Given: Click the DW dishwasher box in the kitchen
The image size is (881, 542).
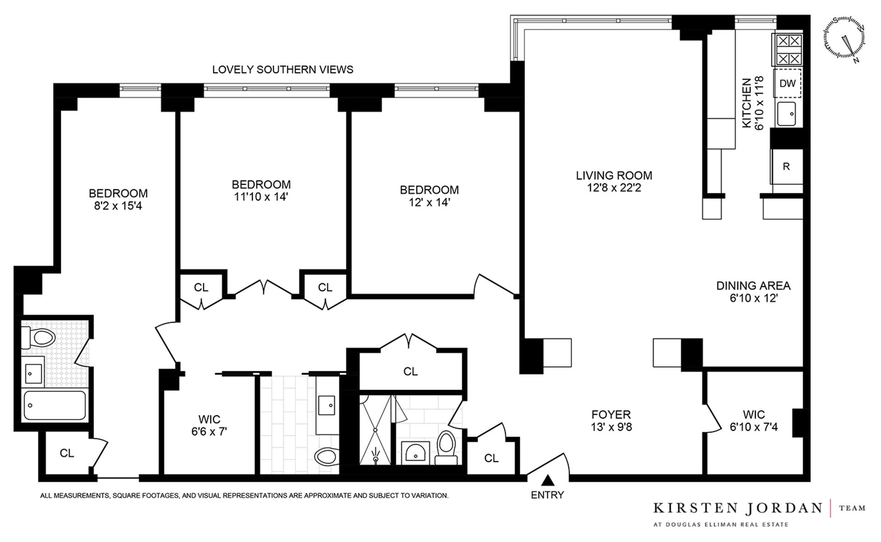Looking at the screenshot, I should point(787,84).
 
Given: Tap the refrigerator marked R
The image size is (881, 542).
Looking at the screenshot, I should point(786,167).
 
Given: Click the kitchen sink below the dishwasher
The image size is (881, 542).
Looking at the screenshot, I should point(786,114).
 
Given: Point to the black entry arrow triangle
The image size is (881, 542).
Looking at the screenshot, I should point(547,481).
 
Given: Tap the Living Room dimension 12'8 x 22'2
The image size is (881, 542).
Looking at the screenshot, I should point(614,188).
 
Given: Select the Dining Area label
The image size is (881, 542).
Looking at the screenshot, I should point(753,285).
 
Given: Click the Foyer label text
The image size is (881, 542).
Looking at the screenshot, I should point(611,414).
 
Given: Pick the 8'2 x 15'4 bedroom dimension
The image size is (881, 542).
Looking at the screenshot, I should point(118,206).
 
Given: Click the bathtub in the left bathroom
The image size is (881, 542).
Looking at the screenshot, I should point(55,405).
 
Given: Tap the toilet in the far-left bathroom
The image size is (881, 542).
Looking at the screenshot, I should point(39,338).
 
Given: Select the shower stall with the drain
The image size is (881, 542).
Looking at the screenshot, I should point(375,430).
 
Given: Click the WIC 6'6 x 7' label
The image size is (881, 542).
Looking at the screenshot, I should point(209,425).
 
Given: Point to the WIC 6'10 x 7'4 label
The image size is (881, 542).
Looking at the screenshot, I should point(753,421).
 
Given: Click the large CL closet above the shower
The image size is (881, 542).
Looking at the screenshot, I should point(410,371).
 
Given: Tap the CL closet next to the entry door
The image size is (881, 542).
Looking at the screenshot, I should point(491,458).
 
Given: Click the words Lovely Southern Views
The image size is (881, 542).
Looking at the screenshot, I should point(282,69).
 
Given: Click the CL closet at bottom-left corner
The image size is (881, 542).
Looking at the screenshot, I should point(67,453).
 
